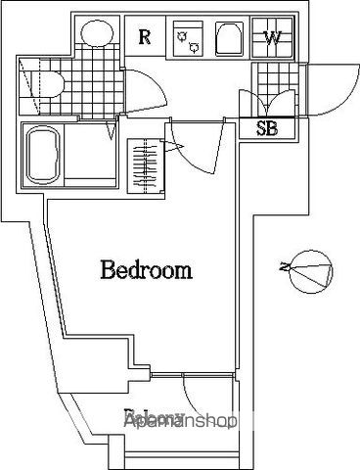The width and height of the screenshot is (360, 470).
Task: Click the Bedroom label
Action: tap(147, 270)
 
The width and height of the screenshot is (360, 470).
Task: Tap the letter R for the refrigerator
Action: tap(144, 39)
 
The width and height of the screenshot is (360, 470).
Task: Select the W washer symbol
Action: tap(274, 39)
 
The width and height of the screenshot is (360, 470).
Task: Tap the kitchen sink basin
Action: tap(228, 40)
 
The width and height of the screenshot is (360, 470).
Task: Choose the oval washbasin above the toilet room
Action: tap(96, 33)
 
